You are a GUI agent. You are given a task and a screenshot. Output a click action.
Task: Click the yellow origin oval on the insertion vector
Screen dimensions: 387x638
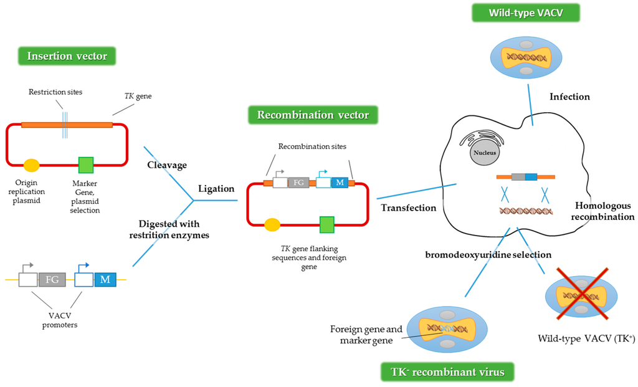click(31, 165)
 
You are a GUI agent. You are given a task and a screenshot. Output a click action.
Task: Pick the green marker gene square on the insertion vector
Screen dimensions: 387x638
click(86, 165)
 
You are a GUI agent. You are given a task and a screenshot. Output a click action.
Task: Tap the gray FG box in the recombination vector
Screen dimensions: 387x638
click(299, 183)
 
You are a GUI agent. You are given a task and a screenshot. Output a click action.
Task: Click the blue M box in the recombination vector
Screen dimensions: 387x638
click(340, 183)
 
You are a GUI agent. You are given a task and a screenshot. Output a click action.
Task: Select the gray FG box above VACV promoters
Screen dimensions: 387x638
click(52, 279)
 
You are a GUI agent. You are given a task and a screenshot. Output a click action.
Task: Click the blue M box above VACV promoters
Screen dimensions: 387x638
click(105, 279)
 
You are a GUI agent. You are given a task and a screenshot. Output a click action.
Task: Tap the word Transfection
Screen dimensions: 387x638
click(409, 208)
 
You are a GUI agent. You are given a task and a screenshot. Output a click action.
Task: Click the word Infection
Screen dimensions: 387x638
click(569, 97)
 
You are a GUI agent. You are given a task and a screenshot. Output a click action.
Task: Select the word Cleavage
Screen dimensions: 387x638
click(167, 165)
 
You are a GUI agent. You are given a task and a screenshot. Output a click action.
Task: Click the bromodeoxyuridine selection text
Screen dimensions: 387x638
click(488, 255)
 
